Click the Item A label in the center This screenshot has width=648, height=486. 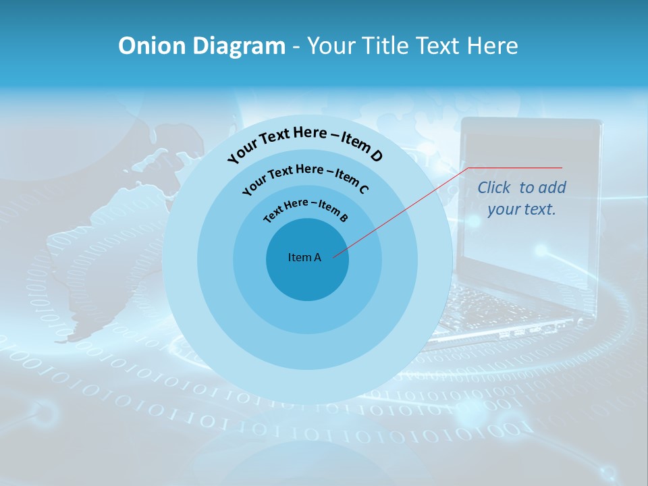304,257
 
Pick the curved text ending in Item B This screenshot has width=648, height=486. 306,210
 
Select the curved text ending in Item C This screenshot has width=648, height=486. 305,177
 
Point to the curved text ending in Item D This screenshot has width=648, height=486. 305,142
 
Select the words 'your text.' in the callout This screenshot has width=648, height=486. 522,209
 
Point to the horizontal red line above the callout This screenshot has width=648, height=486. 515,167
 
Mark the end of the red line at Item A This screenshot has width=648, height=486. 334,256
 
